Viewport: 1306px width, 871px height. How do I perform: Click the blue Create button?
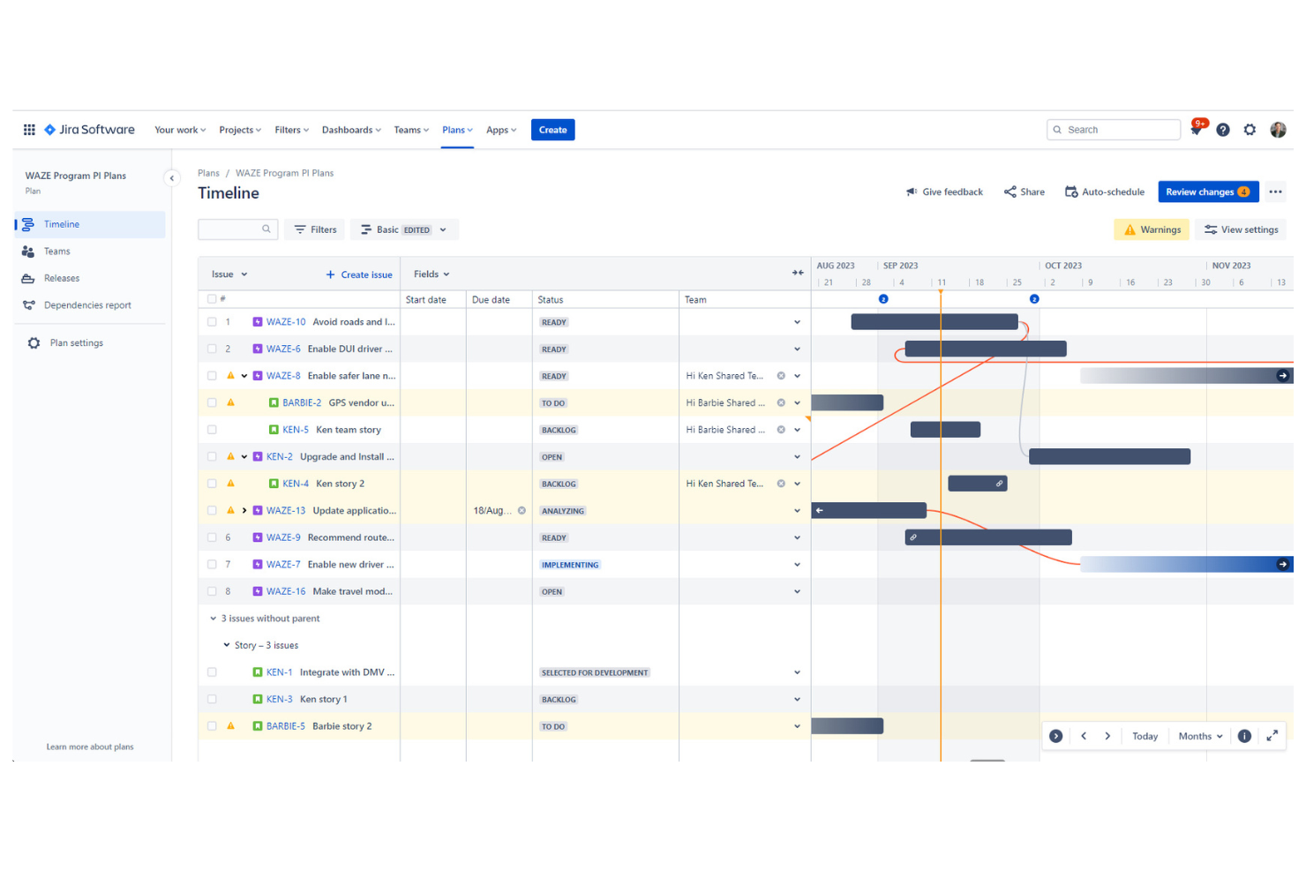point(552,130)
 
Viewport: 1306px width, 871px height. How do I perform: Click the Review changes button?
point(1207,191)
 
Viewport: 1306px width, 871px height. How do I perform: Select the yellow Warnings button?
point(1152,229)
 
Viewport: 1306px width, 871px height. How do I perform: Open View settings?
point(1241,229)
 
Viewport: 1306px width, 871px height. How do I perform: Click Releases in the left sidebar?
point(61,278)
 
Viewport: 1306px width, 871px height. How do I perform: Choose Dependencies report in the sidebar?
point(86,305)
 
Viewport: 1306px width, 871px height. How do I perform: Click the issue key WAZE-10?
point(286,322)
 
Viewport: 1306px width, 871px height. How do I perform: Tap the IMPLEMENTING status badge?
point(570,565)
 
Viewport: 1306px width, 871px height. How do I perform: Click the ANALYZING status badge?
point(563,511)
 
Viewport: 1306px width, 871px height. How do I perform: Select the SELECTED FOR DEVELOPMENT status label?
point(595,672)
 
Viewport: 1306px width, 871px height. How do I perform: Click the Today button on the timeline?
point(1145,736)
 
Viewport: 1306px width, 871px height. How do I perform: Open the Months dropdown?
point(1200,736)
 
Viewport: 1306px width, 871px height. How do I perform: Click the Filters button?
point(315,229)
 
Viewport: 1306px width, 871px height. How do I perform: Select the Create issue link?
point(359,274)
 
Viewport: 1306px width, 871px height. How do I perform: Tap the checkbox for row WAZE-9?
point(212,537)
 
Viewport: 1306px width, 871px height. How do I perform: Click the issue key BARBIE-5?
point(285,726)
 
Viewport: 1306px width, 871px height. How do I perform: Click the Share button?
point(1024,191)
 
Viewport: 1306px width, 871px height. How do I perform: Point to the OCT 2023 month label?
point(1062,266)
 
